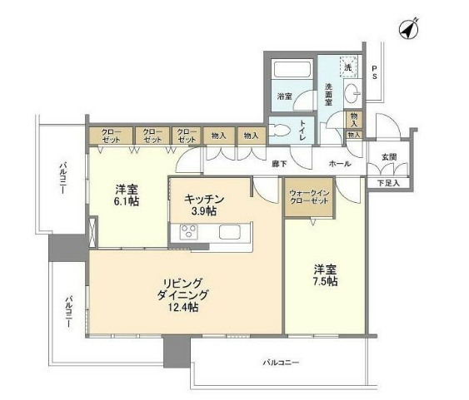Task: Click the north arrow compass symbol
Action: (407, 30)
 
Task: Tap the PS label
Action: (375, 72)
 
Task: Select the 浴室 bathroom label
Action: (285, 96)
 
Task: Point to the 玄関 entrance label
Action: (389, 156)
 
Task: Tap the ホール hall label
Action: (339, 165)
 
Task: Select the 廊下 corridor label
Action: (279, 165)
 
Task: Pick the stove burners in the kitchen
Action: (187, 234)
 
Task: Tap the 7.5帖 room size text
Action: (325, 282)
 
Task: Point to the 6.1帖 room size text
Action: (127, 202)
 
